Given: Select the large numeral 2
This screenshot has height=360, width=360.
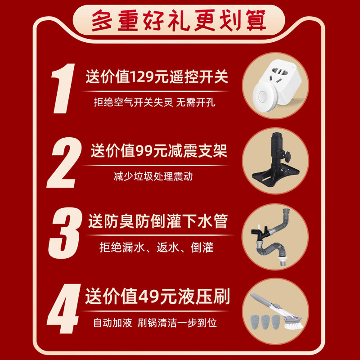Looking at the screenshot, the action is [x=64, y=162].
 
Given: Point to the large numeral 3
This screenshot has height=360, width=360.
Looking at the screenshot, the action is [x=65, y=233].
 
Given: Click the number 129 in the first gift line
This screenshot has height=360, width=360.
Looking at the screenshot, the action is [x=142, y=76].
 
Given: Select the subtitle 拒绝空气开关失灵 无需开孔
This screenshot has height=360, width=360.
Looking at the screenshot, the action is [x=154, y=102].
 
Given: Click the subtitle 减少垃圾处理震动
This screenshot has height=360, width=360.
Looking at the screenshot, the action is [x=153, y=176].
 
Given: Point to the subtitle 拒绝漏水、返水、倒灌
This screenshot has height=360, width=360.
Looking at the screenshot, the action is [x=156, y=247].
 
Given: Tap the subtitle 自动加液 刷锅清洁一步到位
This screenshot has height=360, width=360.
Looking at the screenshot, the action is [x=155, y=323].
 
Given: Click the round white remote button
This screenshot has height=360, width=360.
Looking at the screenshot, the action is [x=264, y=96].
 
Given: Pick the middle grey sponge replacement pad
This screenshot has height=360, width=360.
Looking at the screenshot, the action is [x=265, y=322].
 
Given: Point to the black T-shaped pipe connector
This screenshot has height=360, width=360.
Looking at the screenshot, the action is [x=261, y=232].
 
